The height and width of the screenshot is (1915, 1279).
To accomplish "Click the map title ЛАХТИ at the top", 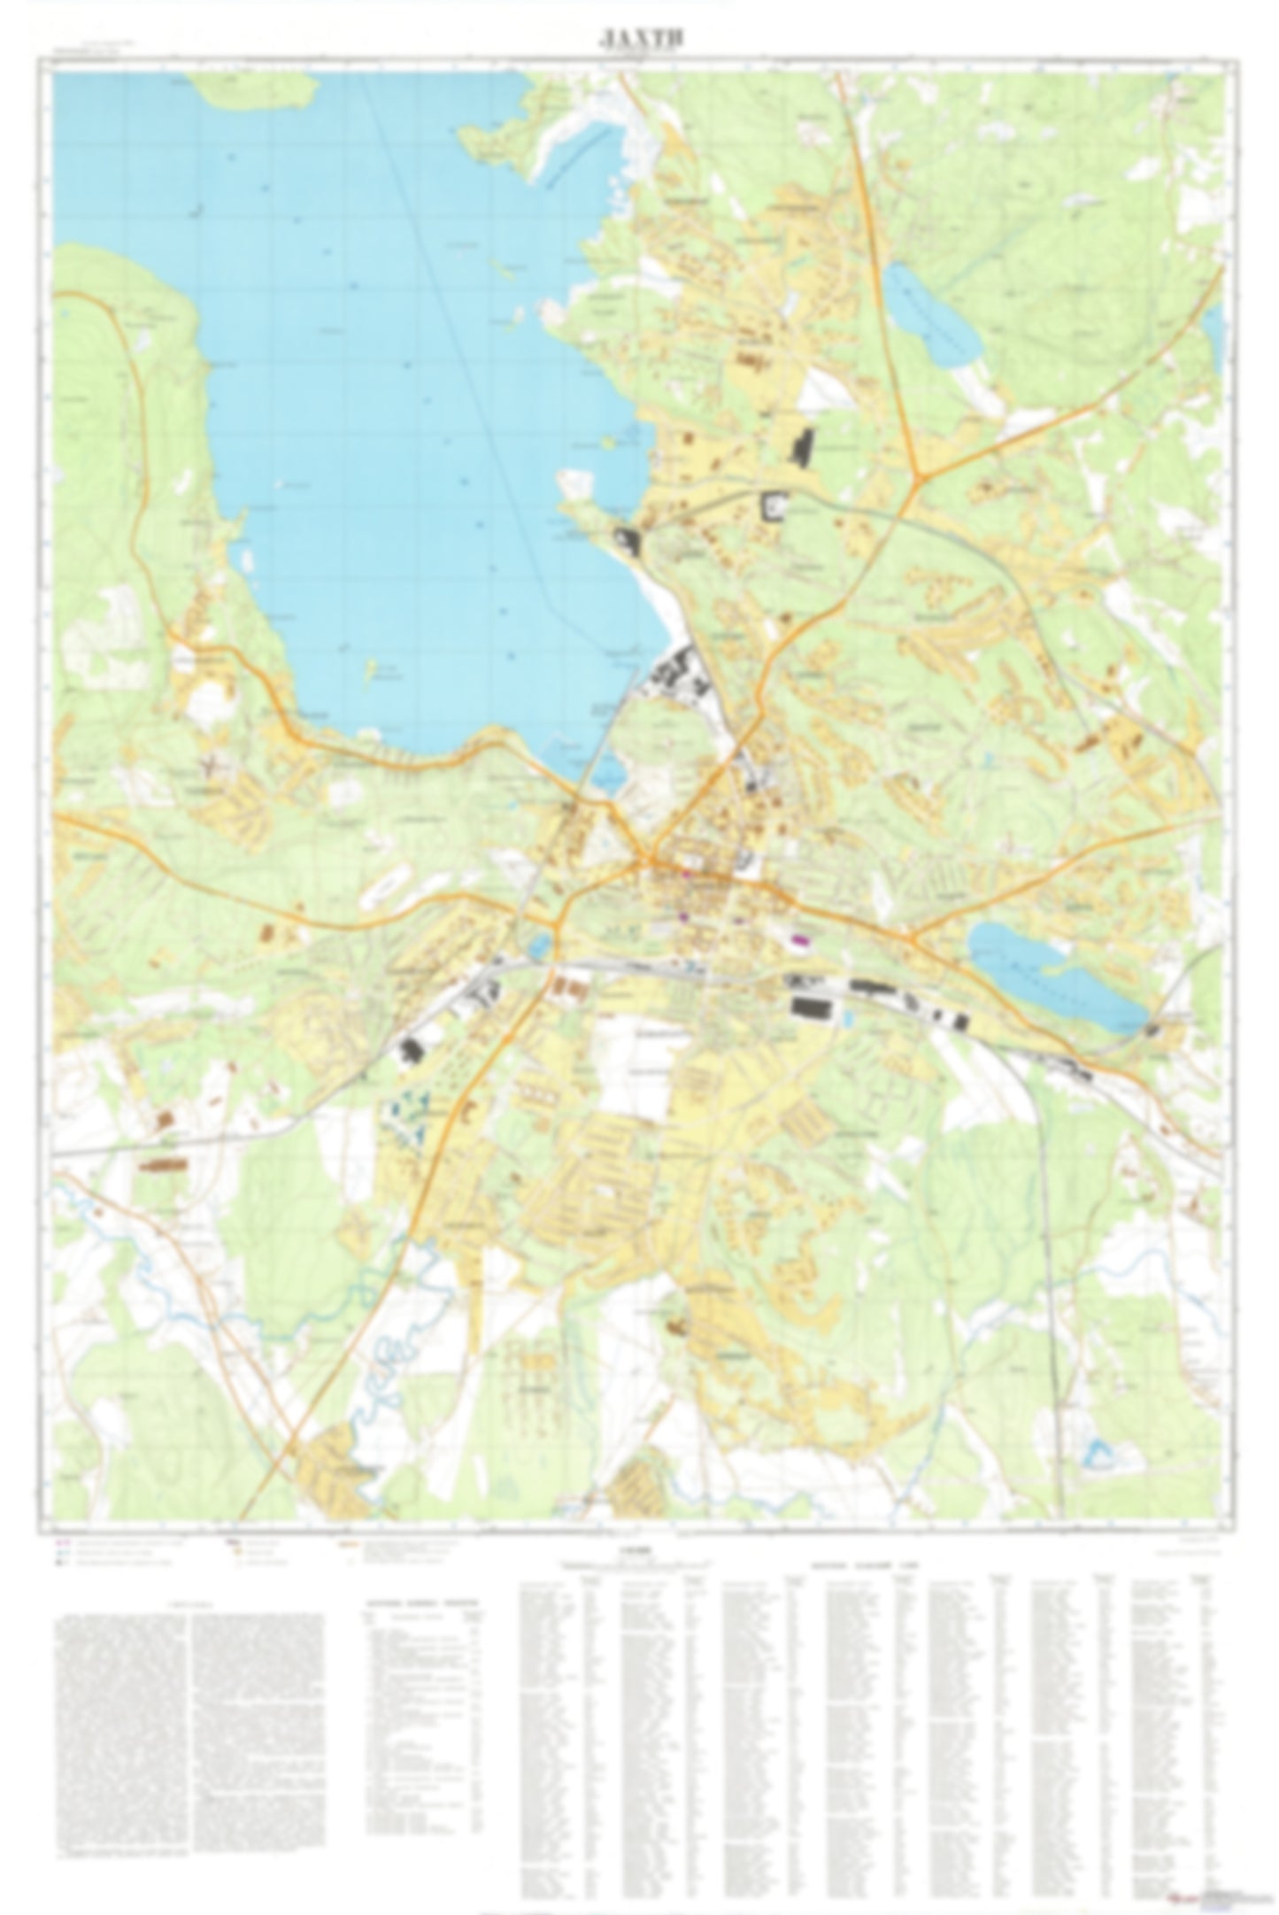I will [x=639, y=38].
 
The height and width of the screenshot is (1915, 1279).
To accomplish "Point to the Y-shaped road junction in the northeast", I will [x=921, y=479].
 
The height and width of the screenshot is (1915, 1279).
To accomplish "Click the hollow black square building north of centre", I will [x=774, y=506].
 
